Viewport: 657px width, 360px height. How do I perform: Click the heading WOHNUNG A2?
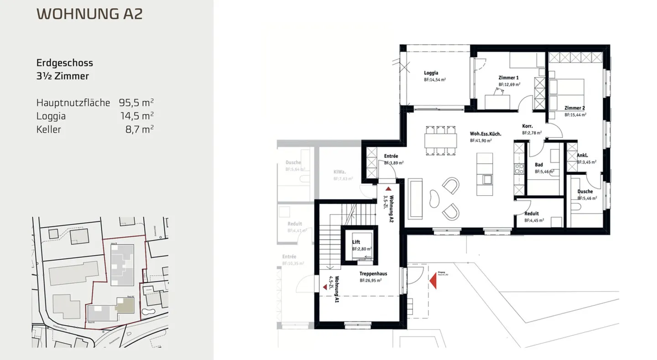coord(89,14)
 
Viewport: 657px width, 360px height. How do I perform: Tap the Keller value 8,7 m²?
coord(139,129)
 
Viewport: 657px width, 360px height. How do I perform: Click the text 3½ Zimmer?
coord(63,76)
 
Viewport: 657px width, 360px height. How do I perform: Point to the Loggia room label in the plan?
coord(431,73)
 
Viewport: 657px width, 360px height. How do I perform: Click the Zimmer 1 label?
coord(508,78)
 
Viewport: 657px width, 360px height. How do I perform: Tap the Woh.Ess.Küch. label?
coord(485,134)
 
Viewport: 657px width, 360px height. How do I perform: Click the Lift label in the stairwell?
coord(356,242)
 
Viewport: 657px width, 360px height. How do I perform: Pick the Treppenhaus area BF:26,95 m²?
coord(370,281)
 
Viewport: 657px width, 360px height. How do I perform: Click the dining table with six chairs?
coord(441,140)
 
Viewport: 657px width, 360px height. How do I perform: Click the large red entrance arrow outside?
coord(433,279)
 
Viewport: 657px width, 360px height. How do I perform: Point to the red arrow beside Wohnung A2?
coord(388,188)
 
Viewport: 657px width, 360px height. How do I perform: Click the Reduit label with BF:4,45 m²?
coord(532,214)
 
